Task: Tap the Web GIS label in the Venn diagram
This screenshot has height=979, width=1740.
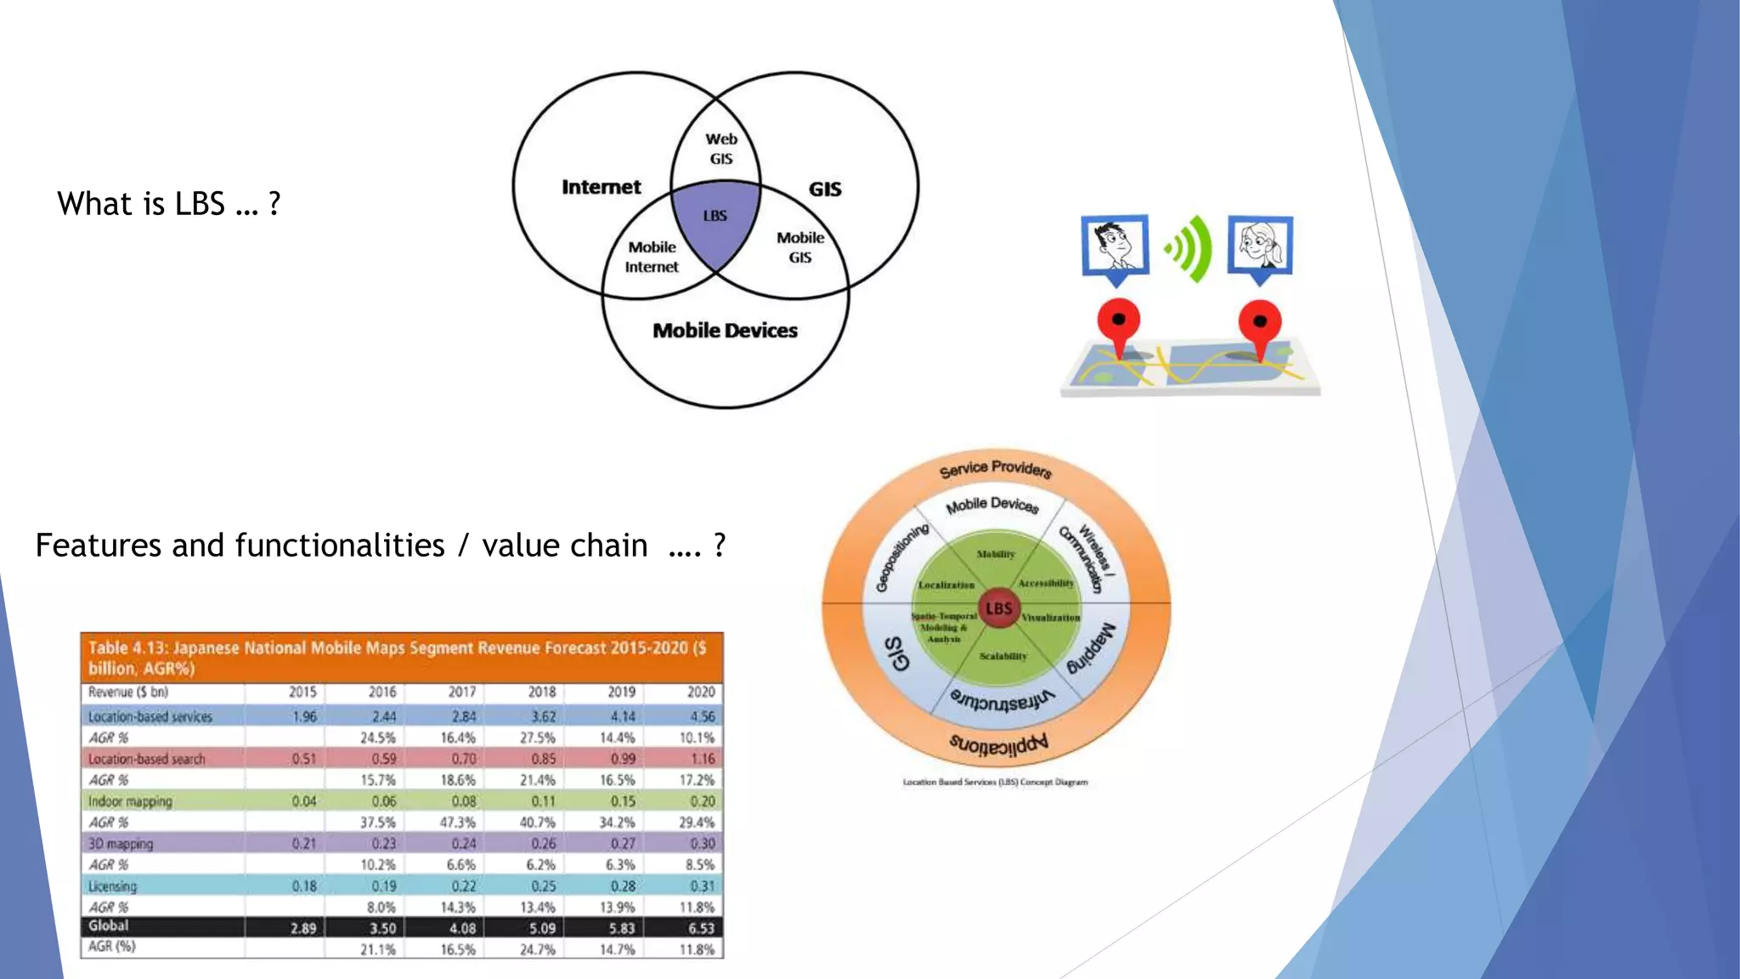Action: pos(721,149)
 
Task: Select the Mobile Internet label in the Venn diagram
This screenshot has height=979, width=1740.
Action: pos(652,257)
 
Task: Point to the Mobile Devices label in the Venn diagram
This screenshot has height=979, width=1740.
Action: pos(725,331)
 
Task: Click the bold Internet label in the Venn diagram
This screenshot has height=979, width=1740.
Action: pos(601,187)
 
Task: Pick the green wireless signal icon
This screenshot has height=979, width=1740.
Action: pos(1189,248)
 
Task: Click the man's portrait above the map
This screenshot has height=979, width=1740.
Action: pos(1115,246)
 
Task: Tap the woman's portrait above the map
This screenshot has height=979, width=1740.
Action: pos(1260,246)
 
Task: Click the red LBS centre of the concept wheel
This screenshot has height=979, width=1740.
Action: pos(998,608)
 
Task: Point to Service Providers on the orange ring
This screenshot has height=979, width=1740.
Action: pos(996,469)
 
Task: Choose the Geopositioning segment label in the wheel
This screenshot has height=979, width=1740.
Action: pos(903,557)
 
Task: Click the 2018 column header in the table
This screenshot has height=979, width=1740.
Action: pos(541,692)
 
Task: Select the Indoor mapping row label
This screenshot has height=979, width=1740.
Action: pos(130,801)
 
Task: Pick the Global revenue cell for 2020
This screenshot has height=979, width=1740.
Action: pos(701,928)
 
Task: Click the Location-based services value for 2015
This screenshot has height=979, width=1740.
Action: pos(304,716)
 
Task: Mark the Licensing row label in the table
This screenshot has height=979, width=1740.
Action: pos(112,886)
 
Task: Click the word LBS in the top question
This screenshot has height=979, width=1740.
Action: pos(200,204)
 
